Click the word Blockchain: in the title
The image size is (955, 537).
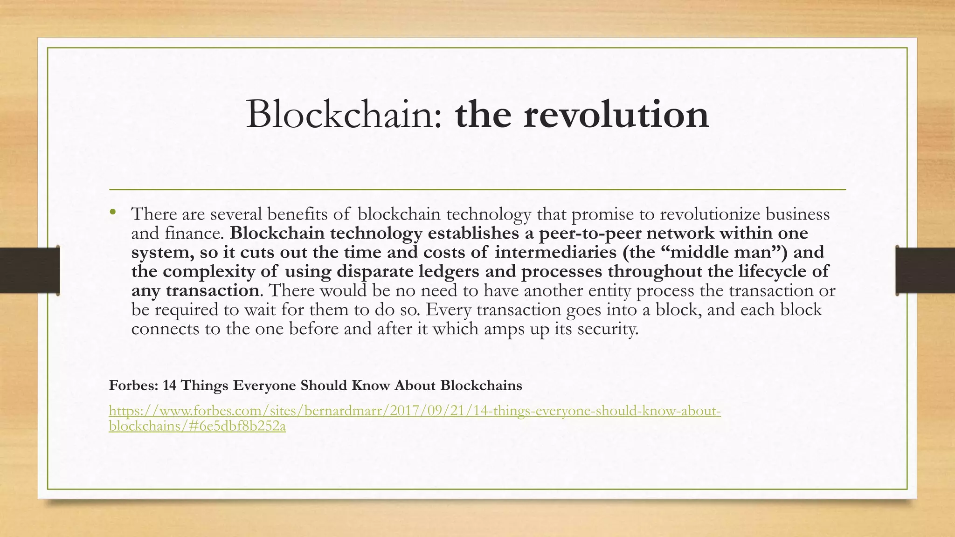(x=344, y=115)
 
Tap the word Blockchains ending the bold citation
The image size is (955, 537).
(x=481, y=386)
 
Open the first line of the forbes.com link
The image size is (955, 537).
(x=415, y=411)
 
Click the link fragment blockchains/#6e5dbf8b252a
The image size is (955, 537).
(x=197, y=426)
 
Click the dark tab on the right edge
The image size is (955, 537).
(x=925, y=270)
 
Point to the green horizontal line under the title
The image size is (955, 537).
(x=477, y=190)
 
